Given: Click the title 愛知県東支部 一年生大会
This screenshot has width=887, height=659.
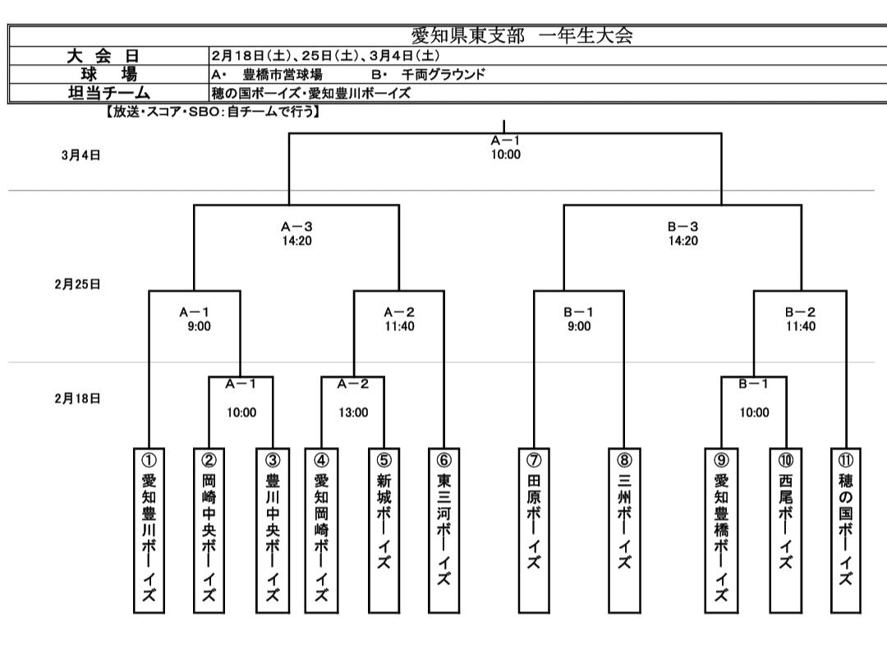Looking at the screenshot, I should pyautogui.click(x=522, y=36).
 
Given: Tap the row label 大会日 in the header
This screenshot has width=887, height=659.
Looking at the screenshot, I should pyautogui.click(x=103, y=56).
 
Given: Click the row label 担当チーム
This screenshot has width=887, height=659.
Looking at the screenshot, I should pyautogui.click(x=103, y=92).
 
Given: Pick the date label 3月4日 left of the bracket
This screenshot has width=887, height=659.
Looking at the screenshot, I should pyautogui.click(x=80, y=154).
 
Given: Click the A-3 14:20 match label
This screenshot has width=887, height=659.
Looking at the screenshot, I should pyautogui.click(x=296, y=233).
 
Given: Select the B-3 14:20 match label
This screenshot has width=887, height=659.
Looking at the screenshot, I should pyautogui.click(x=682, y=233).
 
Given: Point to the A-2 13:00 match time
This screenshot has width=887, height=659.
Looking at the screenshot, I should pyautogui.click(x=353, y=412).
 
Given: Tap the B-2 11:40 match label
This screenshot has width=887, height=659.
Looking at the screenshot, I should pyautogui.click(x=800, y=319).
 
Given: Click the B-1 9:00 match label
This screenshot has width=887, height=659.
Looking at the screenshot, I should pyautogui.click(x=578, y=319).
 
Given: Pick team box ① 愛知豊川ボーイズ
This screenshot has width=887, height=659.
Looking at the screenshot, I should pyautogui.click(x=149, y=530).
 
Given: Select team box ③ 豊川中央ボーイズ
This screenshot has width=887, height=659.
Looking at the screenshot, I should pyautogui.click(x=273, y=530).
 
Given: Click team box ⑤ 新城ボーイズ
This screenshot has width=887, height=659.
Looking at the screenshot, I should pyautogui.click(x=384, y=530).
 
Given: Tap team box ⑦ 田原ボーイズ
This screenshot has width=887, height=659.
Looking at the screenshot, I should pyautogui.click(x=534, y=530).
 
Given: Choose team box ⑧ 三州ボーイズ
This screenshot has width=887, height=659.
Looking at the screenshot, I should pyautogui.click(x=624, y=530).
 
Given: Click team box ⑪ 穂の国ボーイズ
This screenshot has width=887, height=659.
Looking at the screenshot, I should pyautogui.click(x=846, y=530).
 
